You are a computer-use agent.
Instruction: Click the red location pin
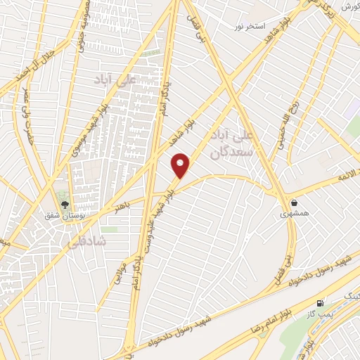181,165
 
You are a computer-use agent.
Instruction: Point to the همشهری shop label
294,212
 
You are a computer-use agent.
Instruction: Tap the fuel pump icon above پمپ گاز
321,304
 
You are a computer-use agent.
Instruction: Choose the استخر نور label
250,27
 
